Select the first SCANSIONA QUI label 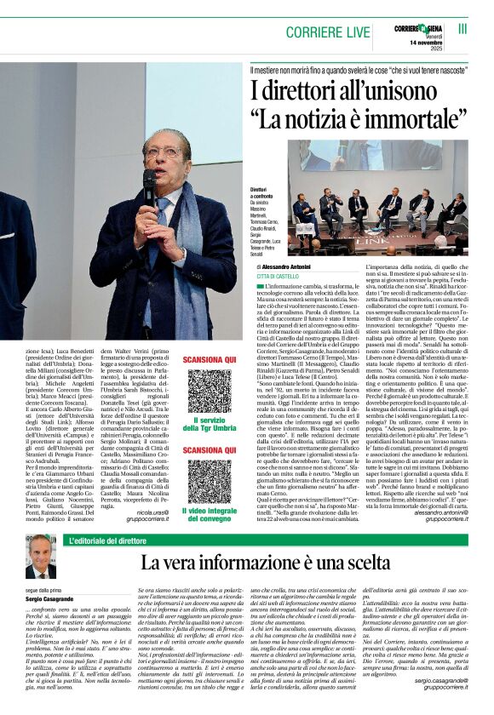point(210,360)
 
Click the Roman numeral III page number point(462,28)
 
